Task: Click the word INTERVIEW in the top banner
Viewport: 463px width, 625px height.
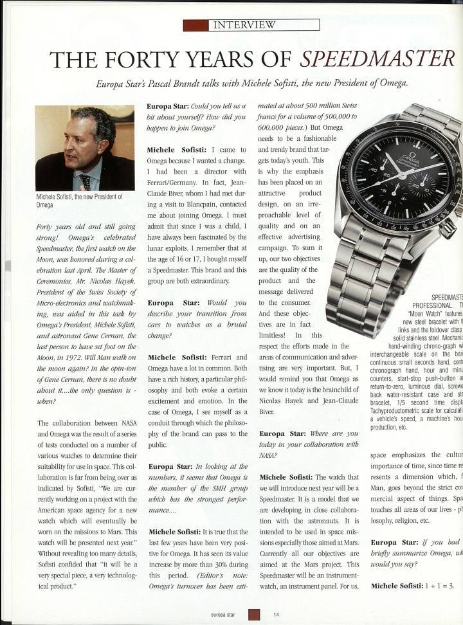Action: (244, 25)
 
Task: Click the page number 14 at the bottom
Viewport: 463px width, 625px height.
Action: (276, 615)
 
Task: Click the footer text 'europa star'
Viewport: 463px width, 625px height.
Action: (223, 615)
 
